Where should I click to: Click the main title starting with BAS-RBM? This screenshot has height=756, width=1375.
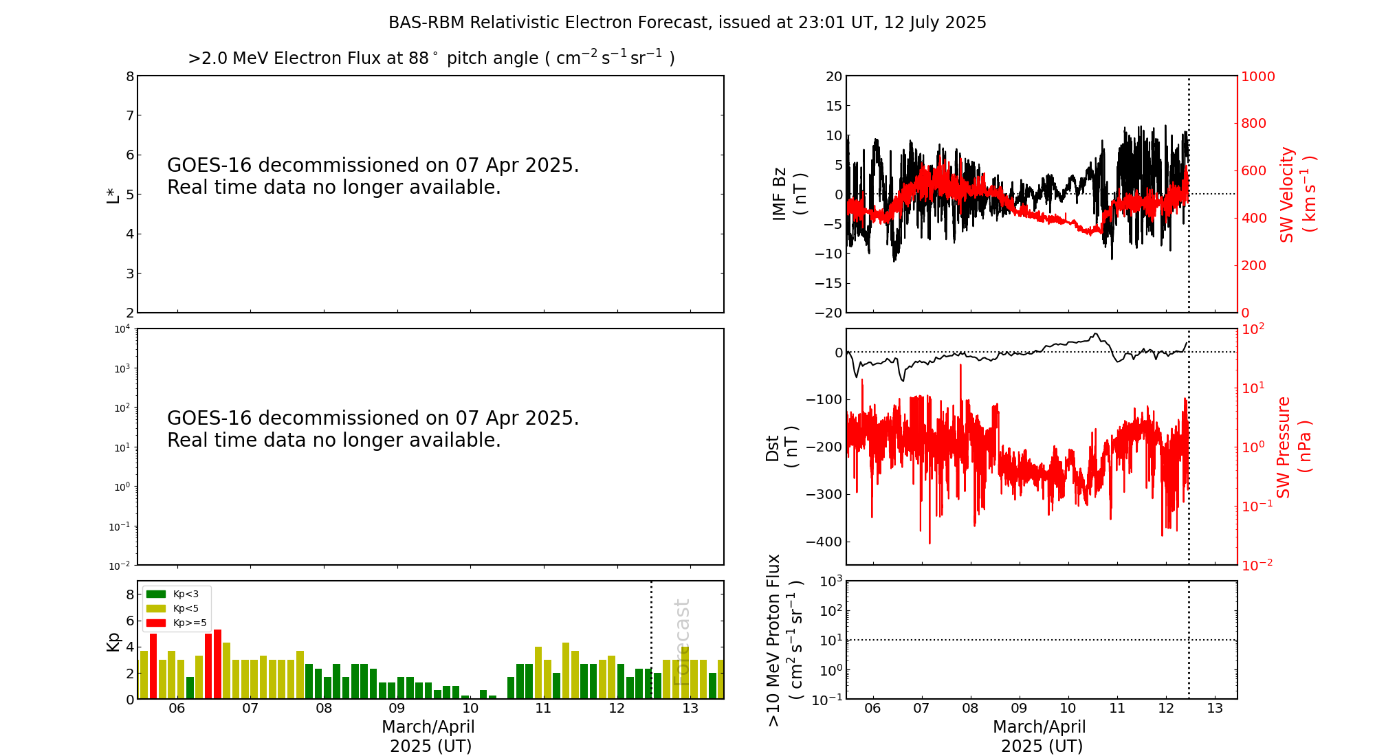(x=687, y=23)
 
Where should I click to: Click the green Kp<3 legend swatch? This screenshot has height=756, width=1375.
(x=156, y=594)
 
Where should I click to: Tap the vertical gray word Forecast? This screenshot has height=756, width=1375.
(x=681, y=642)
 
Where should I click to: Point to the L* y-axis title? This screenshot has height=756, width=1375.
(x=113, y=194)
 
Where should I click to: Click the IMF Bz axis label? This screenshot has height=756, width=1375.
(x=789, y=194)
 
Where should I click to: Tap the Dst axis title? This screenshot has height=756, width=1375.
(x=782, y=447)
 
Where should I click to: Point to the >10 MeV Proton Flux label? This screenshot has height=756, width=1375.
(x=784, y=640)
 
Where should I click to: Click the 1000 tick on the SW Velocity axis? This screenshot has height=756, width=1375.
(x=1257, y=76)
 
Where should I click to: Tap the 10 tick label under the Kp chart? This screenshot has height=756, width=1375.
(x=470, y=709)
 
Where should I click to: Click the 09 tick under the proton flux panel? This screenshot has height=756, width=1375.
(x=1019, y=709)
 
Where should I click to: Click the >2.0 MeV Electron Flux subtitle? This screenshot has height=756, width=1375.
(x=431, y=58)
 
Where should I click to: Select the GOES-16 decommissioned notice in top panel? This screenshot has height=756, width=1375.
(x=373, y=176)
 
